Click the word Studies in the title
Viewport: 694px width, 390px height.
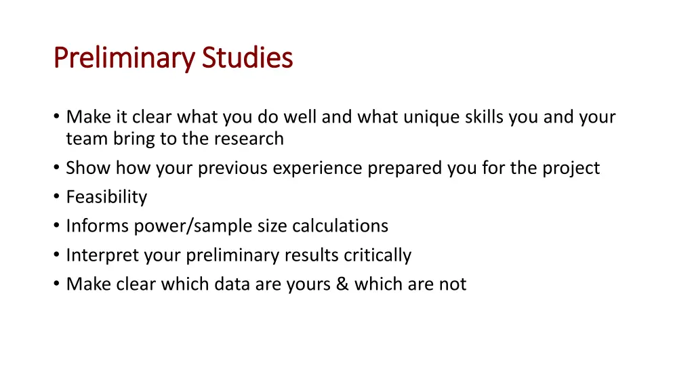click(247, 58)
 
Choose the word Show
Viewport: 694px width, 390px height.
click(88, 168)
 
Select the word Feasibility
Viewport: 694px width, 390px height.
click(106, 197)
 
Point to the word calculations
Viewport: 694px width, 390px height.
click(340, 226)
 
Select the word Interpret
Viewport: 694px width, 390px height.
click(99, 255)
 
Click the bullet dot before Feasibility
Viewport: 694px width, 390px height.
click(56, 197)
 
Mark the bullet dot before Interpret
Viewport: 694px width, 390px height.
click(56, 255)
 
